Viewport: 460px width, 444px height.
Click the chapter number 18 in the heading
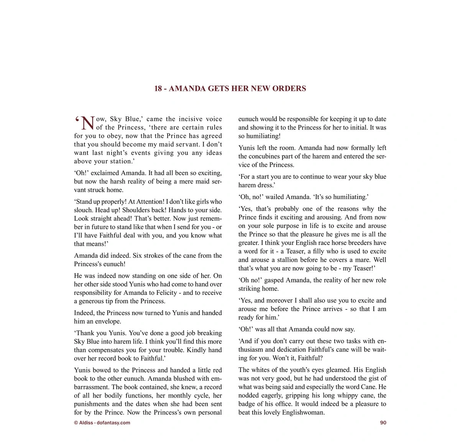(158, 89)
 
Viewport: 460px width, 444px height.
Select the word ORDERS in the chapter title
(289, 89)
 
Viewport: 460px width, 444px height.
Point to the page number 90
(383, 423)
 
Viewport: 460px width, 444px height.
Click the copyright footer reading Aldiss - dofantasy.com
(102, 423)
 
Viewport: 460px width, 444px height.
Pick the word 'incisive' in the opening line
(191, 119)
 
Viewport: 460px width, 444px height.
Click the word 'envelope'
(108, 322)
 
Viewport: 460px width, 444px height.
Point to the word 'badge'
(247, 404)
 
